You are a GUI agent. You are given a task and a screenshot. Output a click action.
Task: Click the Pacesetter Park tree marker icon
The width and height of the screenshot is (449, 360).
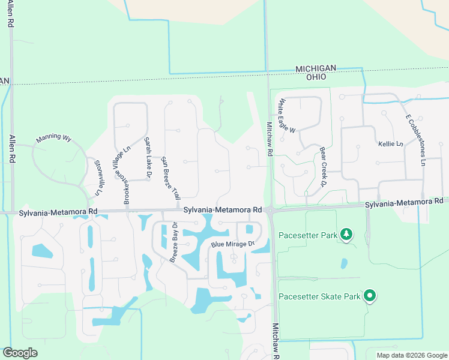click(x=346, y=234)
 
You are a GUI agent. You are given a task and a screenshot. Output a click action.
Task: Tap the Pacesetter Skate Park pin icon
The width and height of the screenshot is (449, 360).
click(x=370, y=295)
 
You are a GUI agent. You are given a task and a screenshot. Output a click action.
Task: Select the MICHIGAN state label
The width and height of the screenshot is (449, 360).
click(x=316, y=69)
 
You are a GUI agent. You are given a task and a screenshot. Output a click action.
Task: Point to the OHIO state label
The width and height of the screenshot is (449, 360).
click(x=316, y=77)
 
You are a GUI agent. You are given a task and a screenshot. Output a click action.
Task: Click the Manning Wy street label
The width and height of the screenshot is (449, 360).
click(x=53, y=138)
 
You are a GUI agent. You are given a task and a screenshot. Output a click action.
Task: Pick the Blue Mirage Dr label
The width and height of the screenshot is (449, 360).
click(x=233, y=244)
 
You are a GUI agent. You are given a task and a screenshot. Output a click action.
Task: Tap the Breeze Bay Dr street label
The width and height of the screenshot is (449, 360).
click(x=173, y=242)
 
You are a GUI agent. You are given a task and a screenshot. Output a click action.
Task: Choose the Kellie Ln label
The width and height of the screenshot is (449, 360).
click(x=390, y=144)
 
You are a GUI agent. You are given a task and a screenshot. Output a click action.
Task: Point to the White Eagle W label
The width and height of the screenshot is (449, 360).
click(x=286, y=116)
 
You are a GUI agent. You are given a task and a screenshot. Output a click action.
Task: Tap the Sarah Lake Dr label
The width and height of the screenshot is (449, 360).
click(x=147, y=153)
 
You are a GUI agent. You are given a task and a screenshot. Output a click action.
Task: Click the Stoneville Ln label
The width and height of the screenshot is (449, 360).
click(x=94, y=178)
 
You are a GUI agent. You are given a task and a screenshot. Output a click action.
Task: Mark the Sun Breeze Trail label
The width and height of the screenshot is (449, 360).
click(x=172, y=177)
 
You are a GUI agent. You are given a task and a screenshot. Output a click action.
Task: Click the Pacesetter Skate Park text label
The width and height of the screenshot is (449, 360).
click(x=319, y=296)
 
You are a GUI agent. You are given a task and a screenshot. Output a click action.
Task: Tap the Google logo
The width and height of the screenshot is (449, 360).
click(x=20, y=352)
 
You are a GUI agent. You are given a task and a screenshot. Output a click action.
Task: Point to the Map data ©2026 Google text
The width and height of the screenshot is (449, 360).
click(x=412, y=355)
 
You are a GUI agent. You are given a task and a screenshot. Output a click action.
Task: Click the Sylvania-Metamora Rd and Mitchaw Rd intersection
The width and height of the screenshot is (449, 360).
click(x=270, y=211)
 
